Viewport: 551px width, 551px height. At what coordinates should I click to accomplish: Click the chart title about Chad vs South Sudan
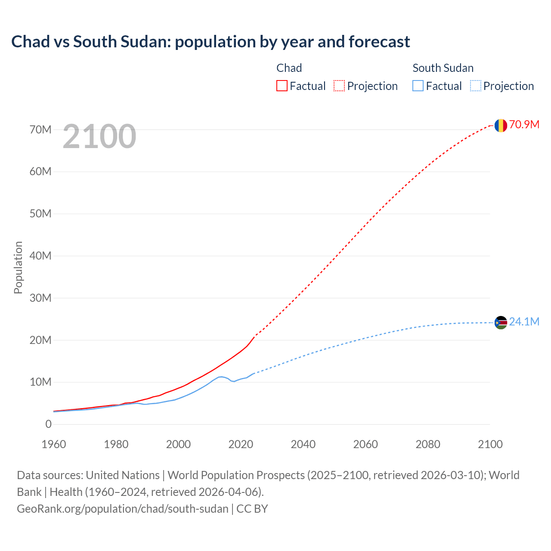coord(210,42)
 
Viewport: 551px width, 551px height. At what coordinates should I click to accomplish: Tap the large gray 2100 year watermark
coord(99,136)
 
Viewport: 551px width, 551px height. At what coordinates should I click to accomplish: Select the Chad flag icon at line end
coord(501,125)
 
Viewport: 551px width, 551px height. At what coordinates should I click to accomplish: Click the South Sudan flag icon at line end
coord(501,322)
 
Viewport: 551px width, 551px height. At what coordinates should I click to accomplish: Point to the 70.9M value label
coord(524,125)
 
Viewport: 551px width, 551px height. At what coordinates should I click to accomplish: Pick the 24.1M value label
coord(524,322)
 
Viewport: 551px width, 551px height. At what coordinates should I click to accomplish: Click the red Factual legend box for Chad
coord(282,86)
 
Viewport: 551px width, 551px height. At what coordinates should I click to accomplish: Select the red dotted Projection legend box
coord(339,86)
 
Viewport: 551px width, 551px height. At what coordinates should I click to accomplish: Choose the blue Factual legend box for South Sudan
coord(418,86)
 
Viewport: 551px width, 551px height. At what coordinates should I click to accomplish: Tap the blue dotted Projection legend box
coord(475,86)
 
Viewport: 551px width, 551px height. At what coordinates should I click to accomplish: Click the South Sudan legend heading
coord(443,68)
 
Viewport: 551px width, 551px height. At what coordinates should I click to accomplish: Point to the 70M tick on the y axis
coord(40,130)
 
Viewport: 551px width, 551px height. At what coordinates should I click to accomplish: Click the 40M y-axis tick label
coord(40,256)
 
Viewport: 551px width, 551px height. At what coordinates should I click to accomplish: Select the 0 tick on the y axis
coord(48,424)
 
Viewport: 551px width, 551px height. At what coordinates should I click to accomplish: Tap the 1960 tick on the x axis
coord(54,444)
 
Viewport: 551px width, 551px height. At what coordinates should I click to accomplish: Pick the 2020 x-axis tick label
coord(241,444)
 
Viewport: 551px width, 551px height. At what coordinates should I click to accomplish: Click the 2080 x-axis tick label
coord(428,444)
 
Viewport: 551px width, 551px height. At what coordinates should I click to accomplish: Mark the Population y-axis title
coord(18,267)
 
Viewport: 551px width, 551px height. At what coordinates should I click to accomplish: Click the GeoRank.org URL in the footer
coord(123,509)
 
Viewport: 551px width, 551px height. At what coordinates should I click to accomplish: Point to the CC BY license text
coord(252,509)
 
